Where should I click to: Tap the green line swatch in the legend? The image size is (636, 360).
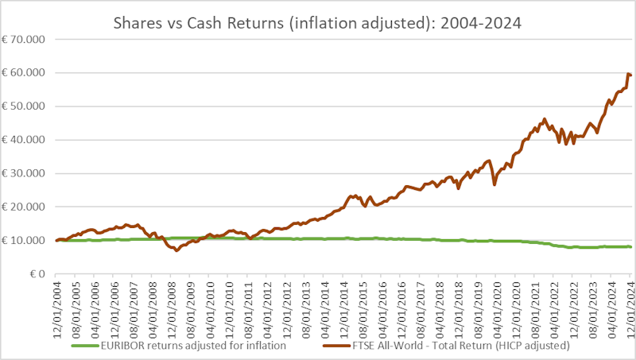[87, 346]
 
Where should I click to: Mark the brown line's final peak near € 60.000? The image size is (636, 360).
[629, 74]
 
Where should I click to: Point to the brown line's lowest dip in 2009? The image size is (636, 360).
[176, 250]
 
